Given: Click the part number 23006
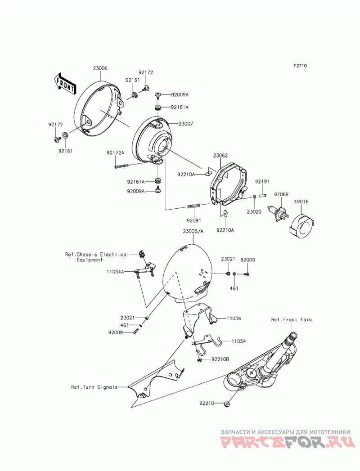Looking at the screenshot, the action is (x=100, y=68).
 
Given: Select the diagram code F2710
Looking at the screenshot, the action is (x=300, y=66).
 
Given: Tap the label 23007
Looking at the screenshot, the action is (x=186, y=124).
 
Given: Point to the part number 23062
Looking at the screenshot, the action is (x=220, y=156).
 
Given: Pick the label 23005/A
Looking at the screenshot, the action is (x=193, y=231).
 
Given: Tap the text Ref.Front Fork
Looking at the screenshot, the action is (x=292, y=319).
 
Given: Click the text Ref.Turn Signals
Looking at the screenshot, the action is (x=94, y=387).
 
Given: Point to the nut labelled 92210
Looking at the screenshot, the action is (x=228, y=404).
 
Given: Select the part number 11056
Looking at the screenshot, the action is (x=234, y=318).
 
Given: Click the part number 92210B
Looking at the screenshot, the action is (x=220, y=359).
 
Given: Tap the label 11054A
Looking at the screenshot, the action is (x=115, y=272).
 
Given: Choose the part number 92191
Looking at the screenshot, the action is (x=262, y=182).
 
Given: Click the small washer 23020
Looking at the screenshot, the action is (x=254, y=197).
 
